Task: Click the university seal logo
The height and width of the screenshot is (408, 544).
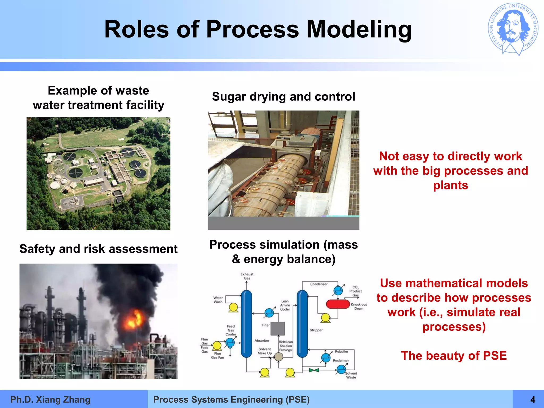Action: [513, 29]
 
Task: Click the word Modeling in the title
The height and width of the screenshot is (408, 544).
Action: [359, 30]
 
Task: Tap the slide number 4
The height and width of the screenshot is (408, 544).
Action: [533, 399]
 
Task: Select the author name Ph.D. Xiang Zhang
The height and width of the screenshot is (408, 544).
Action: [50, 399]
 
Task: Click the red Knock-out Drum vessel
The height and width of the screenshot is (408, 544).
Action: [338, 304]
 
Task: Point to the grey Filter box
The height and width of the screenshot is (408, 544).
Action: [278, 329]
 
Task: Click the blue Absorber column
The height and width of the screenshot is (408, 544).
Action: [246, 324]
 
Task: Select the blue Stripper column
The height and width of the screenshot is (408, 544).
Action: [302, 324]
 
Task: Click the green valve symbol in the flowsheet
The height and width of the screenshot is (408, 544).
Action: [314, 370]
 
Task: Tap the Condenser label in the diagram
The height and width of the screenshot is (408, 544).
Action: [319, 284]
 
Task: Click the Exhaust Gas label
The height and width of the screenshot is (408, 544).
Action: [247, 276]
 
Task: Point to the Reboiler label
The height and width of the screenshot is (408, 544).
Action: [341, 351]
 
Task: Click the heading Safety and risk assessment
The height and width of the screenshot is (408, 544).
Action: [98, 249]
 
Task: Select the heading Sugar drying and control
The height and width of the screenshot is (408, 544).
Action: [283, 96]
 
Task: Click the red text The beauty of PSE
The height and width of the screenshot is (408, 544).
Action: [454, 355]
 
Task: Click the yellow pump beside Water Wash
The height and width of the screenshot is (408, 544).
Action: [233, 307]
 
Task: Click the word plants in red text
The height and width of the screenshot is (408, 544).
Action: [450, 185]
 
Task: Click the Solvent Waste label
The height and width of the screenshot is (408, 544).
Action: [351, 375]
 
